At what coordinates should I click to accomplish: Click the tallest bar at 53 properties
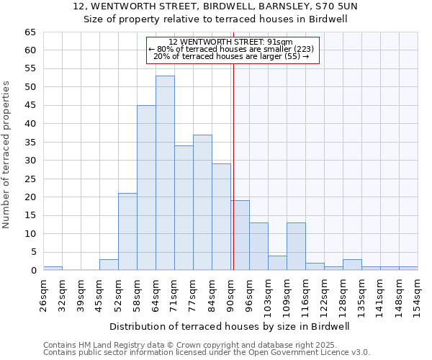click(x=165, y=173)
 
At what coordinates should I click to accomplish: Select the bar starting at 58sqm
click(x=146, y=187)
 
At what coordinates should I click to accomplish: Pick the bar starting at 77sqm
click(x=202, y=202)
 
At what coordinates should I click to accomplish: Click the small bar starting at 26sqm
click(x=53, y=268)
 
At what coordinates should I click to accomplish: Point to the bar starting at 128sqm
click(x=352, y=264)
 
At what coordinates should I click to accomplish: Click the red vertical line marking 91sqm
click(x=233, y=166)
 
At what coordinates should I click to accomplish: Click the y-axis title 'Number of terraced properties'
click(x=7, y=155)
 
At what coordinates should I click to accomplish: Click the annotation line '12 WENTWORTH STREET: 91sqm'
click(x=230, y=42)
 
